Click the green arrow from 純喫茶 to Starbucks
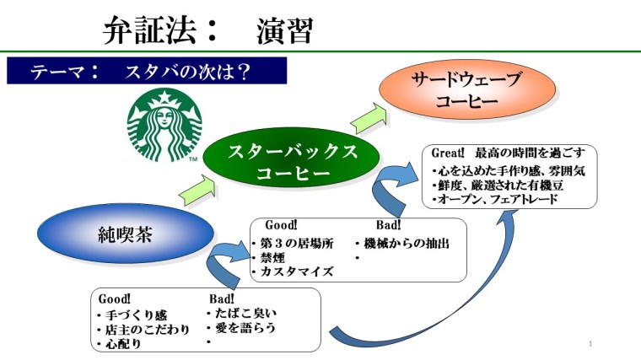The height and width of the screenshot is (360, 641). pos(192,194)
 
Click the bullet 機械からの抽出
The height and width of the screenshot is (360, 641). pos(401,243)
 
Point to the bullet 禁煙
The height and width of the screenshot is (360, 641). pos(275,257)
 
